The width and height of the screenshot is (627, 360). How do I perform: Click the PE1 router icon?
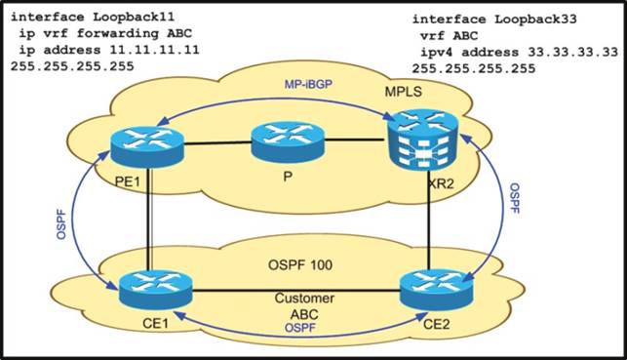pos(145,147)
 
